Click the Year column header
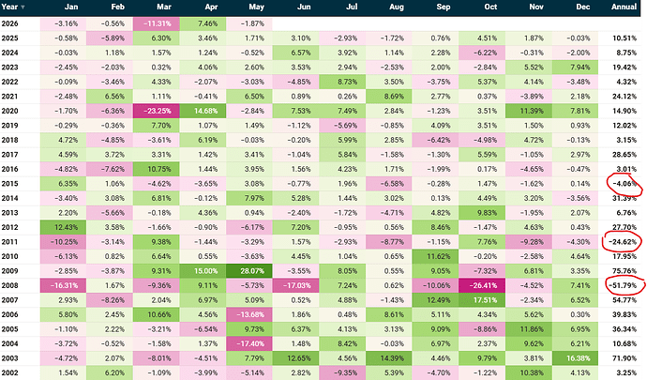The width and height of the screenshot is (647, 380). point(9,7)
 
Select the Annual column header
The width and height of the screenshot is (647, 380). point(624,7)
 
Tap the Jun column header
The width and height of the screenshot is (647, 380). point(304,7)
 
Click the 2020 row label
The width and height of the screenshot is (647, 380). point(10,111)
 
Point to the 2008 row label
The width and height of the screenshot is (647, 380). point(10,285)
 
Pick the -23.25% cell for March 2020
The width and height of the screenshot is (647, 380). point(156,111)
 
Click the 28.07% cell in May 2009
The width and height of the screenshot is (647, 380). point(248,271)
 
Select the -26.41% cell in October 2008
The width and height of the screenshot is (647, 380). point(482,285)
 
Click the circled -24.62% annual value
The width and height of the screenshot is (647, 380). point(623,242)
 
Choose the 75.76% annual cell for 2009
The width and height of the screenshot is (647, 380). point(624,271)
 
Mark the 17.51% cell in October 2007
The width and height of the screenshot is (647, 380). point(482,300)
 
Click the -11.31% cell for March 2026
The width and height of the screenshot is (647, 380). point(156,23)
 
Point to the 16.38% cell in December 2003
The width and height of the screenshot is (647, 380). point(575,358)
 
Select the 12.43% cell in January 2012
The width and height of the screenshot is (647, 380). point(63,227)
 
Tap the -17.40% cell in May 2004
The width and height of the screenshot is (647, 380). point(248,343)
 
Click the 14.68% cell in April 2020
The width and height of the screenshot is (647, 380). point(203,111)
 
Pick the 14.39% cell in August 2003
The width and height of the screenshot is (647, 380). point(388,358)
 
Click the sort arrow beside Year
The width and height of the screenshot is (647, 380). point(23,8)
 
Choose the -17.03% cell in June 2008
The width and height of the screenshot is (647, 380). point(295,285)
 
